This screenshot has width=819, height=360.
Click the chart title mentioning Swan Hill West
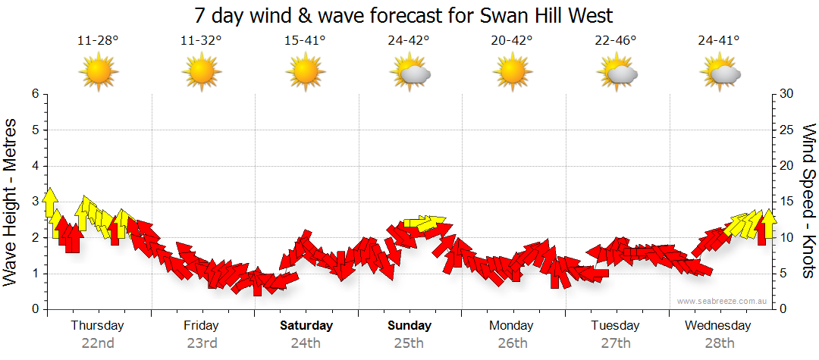click(403, 15)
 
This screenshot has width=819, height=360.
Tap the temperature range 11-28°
click(98, 41)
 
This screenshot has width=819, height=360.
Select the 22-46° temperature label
click(616, 41)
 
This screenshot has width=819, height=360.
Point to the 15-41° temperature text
click(305, 41)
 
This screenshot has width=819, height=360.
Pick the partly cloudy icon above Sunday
click(410, 73)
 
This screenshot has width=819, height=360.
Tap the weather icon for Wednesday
click(720, 73)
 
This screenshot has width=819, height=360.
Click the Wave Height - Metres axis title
click(11, 202)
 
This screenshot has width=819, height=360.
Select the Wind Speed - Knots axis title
click(808, 201)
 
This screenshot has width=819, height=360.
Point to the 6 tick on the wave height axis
click(34, 94)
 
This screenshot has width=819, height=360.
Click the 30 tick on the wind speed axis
click(786, 94)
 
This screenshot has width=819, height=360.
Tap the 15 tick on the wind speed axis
click(786, 202)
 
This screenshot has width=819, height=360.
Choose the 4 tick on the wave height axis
click(34, 166)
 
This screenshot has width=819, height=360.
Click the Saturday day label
click(306, 326)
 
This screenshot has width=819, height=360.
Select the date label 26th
click(513, 343)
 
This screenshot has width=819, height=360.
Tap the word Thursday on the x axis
click(97, 326)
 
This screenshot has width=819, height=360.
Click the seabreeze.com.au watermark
click(723, 301)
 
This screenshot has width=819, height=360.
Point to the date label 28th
click(719, 343)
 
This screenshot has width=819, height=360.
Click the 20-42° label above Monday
click(512, 41)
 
